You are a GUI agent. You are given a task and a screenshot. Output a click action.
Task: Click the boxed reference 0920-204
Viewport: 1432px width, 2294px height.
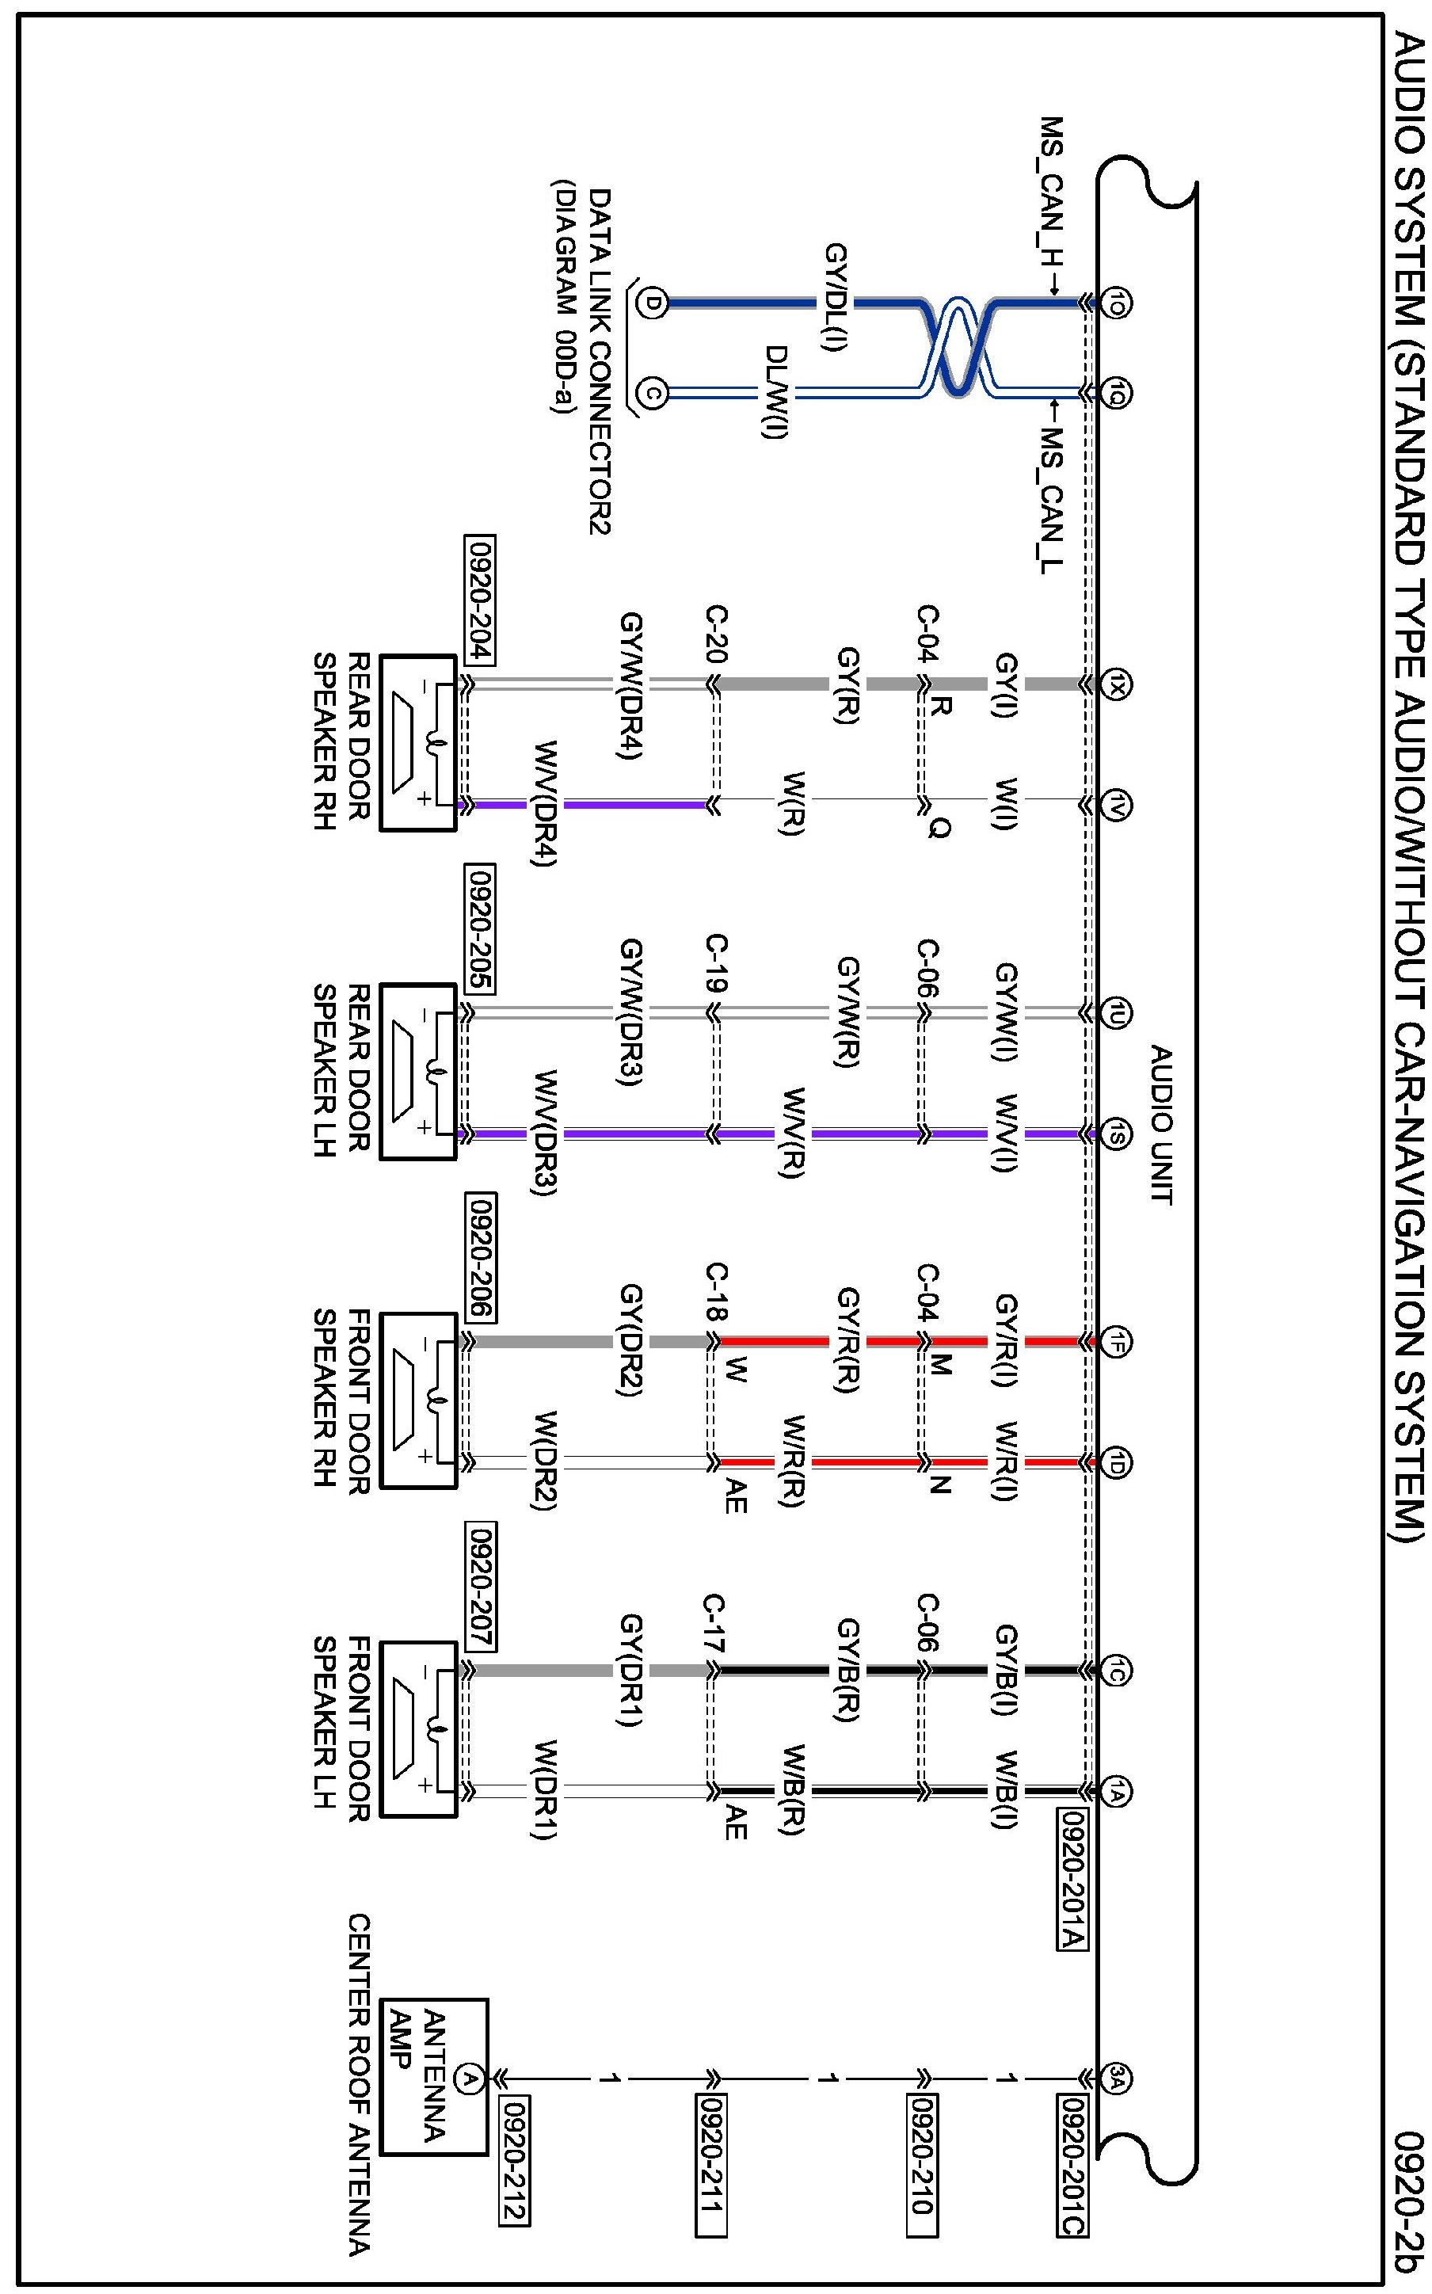click(x=480, y=600)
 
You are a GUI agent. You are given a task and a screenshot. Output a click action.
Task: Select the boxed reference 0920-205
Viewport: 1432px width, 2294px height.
click(x=480, y=928)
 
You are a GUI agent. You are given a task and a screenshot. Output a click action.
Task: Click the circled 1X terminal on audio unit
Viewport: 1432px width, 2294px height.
click(x=1118, y=684)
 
